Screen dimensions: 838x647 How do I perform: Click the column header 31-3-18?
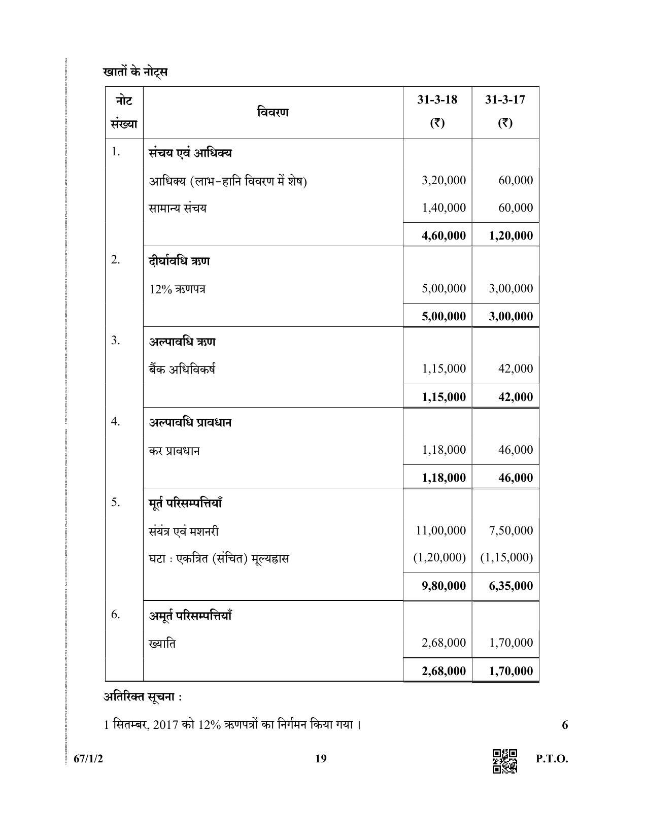437,99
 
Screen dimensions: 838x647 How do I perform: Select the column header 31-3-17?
504,99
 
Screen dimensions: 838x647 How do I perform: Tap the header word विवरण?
273,112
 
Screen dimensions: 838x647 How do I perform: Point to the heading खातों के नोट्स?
135,72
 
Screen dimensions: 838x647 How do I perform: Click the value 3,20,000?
444,180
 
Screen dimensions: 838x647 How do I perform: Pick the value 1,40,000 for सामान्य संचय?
444,208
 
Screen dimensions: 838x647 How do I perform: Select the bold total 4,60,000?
444,236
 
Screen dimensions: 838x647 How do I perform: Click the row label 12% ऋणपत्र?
177,289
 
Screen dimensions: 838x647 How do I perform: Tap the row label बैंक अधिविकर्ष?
182,370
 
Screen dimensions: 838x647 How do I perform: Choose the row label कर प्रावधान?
174,451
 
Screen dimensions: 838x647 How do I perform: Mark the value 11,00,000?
440,530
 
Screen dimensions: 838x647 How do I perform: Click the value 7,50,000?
510,530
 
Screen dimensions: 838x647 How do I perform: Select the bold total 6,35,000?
510,586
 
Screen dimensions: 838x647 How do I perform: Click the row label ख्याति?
162,644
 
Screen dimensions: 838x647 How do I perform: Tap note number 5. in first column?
116,502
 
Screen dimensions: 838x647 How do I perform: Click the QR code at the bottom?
505,761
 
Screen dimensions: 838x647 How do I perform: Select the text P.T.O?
552,759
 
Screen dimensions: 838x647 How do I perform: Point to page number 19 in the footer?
321,759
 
